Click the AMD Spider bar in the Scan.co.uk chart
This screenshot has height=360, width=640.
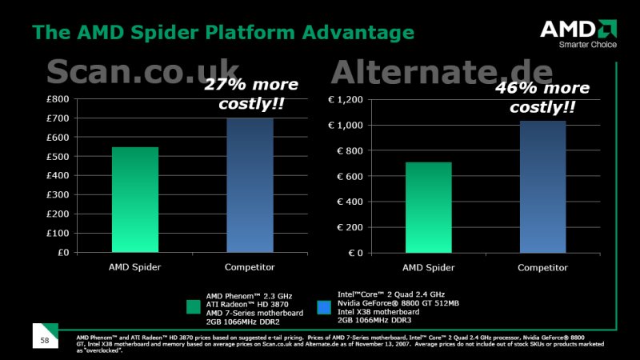point(135,199)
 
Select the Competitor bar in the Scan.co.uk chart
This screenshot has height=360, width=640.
point(250,186)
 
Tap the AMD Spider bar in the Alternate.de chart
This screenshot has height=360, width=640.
point(429,208)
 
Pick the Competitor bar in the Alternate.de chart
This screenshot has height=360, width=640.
point(543,187)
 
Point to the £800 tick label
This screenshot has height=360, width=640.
point(58,99)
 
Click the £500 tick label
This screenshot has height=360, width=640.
point(58,157)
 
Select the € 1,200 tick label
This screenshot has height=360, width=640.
point(346,100)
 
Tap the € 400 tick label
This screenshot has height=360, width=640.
point(350,202)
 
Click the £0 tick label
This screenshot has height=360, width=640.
point(63,253)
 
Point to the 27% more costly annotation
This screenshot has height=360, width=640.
point(251,94)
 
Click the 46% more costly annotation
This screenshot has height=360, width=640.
point(542,97)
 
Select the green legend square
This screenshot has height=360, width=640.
point(194,307)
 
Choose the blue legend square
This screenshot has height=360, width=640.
point(324,307)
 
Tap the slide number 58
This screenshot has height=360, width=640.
point(45,341)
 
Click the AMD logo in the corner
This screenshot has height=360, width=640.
point(578,29)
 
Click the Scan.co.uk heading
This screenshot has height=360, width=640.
point(143,71)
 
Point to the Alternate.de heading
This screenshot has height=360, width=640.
point(442,72)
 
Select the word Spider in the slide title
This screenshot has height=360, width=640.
point(166,33)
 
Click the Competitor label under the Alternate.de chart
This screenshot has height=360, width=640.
point(542,268)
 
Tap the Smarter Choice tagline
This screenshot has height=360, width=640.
point(588,45)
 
